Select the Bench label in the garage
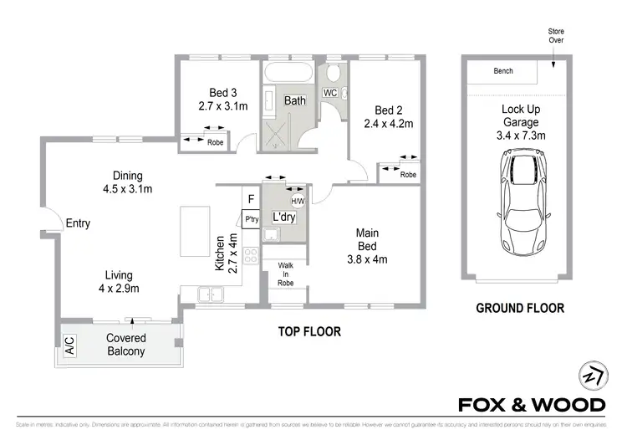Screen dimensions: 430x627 pos(502,71)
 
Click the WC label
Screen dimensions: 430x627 pos(329,92)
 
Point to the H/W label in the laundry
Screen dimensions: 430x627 pos(298,201)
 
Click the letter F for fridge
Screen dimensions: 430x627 pos(250,199)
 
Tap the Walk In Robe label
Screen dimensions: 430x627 pos(284,272)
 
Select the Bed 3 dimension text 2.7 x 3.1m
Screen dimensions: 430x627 pos(223,106)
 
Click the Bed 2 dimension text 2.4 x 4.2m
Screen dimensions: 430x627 pos(389,124)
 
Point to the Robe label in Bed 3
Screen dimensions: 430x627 pos(215,142)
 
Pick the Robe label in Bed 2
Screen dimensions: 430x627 pos(407,175)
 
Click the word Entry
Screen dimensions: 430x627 pos(77,223)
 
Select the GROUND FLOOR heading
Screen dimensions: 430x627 pos(519,308)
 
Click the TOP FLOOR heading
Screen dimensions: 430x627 pos(309,331)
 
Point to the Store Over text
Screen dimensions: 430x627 pos(555,35)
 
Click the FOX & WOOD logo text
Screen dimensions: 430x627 pos(531,405)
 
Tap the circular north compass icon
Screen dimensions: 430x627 pos(590,375)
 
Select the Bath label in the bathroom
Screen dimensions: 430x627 pos(295,100)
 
